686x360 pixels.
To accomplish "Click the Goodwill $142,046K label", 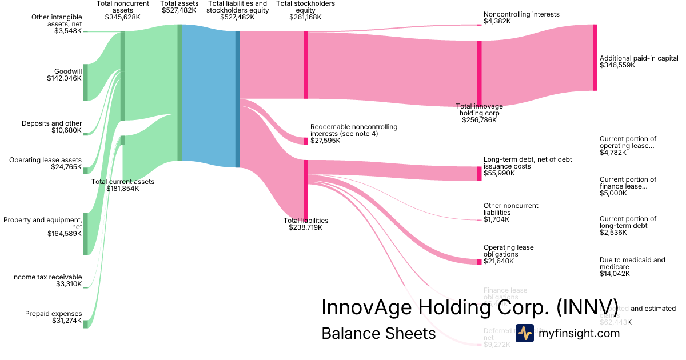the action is tap(64, 75).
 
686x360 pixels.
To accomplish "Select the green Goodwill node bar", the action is tap(86, 82).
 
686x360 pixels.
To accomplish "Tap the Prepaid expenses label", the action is tap(53, 317).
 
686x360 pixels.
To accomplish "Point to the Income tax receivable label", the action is tap(47, 281).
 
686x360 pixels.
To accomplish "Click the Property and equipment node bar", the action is tap(86, 234).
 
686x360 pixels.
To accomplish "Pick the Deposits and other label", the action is tap(51, 127).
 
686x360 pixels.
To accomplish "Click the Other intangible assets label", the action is tap(56, 23).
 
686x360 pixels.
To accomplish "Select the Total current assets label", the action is tap(123, 185).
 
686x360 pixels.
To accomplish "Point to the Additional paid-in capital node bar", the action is tap(595, 57).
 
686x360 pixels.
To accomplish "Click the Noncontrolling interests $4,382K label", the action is tap(521, 18).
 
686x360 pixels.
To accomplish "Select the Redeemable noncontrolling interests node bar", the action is tap(306, 141).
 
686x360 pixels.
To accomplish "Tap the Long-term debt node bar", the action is tap(480, 174).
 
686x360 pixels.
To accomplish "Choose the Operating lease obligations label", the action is tap(508, 254).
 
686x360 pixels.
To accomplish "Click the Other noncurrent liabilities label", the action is tap(510, 212).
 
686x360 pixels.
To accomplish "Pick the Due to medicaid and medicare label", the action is tap(632, 267).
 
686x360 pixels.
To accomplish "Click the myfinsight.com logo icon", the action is tap(524, 333).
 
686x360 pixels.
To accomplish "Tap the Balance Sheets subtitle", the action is tap(378, 333).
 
